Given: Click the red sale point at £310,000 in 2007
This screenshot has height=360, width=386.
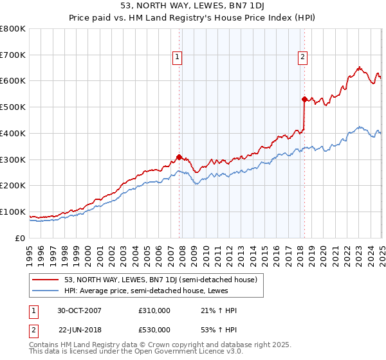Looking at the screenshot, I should pyautogui.click(x=179, y=156).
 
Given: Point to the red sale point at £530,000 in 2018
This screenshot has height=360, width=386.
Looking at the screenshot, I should pyautogui.click(x=304, y=99).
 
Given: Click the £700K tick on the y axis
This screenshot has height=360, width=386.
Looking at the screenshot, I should pyautogui.click(x=13, y=55).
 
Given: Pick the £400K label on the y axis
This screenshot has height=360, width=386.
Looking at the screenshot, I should pyautogui.click(x=13, y=133).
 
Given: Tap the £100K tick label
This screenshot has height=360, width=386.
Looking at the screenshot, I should pyautogui.click(x=13, y=212).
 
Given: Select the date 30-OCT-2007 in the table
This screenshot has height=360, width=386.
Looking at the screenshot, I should pyautogui.click(x=80, y=310).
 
